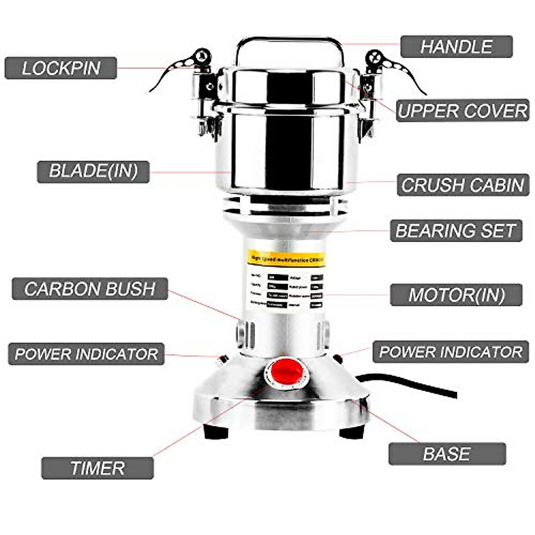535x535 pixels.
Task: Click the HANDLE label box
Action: click(x=456, y=47)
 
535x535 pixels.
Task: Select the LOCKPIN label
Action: click(x=61, y=68)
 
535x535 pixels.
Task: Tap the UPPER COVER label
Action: click(x=462, y=111)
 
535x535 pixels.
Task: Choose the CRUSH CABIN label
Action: click(x=462, y=185)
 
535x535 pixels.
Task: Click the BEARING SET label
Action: click(x=456, y=230)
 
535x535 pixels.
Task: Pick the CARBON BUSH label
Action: click(x=90, y=289)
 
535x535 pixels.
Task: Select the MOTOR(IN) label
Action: click(x=456, y=295)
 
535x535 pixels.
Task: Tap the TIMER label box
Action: click(x=97, y=468)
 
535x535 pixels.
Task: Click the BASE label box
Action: click(x=447, y=454)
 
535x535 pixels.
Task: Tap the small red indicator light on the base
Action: click(x=337, y=358)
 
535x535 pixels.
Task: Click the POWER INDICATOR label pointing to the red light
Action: click(x=450, y=352)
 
